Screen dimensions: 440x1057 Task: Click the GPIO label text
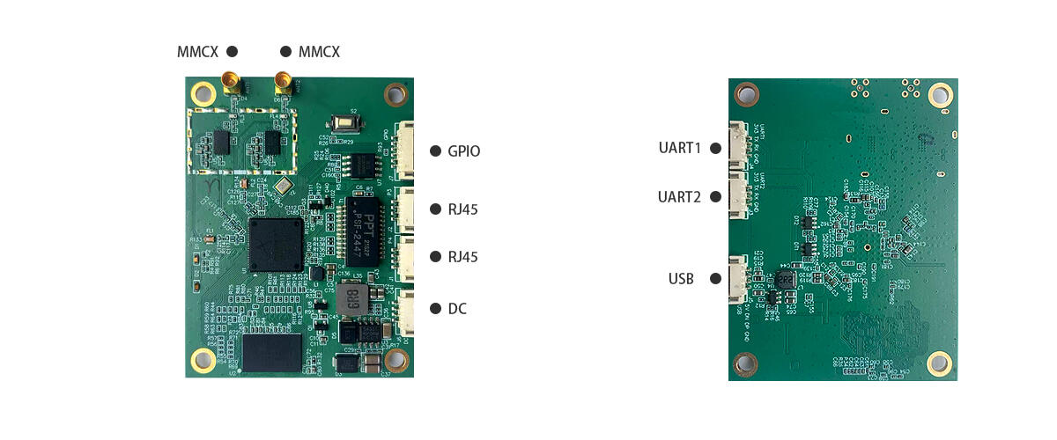point(463,151)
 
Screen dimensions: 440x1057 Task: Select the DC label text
point(457,309)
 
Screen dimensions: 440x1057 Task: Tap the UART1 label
point(679,148)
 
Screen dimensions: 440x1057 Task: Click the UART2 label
point(679,196)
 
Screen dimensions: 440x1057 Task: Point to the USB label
point(681,280)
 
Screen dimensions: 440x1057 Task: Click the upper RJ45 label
point(463,209)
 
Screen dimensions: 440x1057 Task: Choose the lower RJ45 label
point(463,257)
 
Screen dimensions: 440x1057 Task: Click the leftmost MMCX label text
point(197,52)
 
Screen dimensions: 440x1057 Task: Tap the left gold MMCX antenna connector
point(232,83)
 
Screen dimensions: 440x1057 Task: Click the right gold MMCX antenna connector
point(284,83)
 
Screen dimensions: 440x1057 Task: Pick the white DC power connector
point(406,311)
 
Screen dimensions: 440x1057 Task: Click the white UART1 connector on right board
point(737,148)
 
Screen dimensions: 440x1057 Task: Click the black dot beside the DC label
point(435,309)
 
